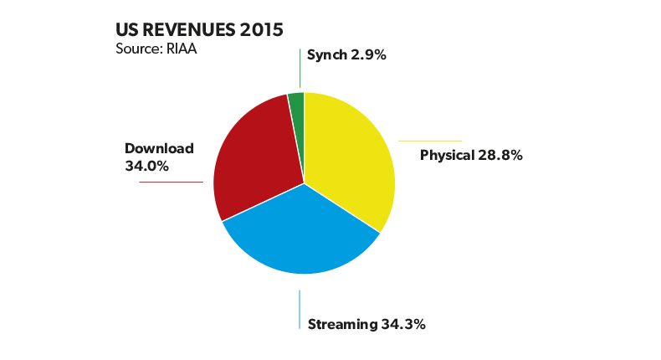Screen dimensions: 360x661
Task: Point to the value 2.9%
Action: (369, 55)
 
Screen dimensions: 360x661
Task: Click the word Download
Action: (159, 148)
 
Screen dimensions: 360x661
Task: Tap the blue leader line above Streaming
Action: (300, 310)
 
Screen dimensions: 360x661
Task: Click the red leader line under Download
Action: (171, 182)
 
